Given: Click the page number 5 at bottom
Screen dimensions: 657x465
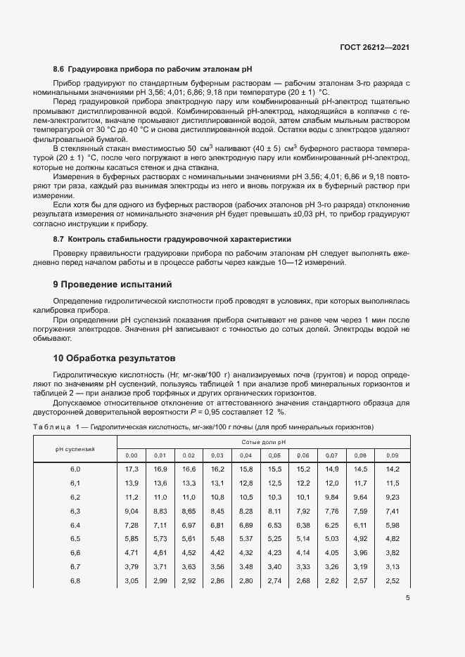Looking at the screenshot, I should pos(408,599).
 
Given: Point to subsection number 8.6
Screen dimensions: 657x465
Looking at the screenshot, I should pos(58,70).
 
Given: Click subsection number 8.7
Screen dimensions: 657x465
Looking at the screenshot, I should pos(58,240).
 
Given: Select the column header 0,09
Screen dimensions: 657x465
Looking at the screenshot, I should pos(393,455).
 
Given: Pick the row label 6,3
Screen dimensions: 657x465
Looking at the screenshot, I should pos(75,511).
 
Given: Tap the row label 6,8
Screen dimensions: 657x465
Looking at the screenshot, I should pos(75,580).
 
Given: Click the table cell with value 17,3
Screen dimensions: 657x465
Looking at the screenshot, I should pos(131,469).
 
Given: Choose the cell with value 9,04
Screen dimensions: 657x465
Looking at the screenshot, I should pos(131,511).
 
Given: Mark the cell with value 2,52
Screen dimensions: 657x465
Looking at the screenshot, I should pos(393,580).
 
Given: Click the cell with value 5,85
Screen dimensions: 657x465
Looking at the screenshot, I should pos(131,539).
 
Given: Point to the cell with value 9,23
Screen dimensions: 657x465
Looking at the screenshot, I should pos(393,497).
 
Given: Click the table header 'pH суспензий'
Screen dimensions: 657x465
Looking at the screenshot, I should pos(75,448).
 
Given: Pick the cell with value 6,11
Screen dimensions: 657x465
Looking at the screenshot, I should pos(360,525).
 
